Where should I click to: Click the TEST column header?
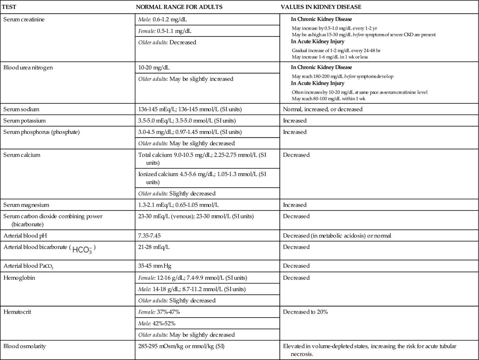point(10,7)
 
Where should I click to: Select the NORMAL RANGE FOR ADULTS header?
point(179,7)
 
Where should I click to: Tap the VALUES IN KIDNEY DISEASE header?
point(321,7)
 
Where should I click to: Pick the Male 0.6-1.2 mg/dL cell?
point(163,20)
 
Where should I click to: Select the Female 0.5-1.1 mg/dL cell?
point(165,31)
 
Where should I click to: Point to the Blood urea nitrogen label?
point(28,68)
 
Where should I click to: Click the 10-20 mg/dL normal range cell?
point(154,68)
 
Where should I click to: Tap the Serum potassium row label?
point(25,121)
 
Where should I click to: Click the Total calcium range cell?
point(202,159)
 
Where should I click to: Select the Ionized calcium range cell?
point(202,178)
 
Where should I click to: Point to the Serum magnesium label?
point(26,205)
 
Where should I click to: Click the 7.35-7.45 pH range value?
point(149,236)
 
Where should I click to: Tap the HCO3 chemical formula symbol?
point(82,250)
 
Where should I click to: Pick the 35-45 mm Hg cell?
point(155,266)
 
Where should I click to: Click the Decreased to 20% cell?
point(305,312)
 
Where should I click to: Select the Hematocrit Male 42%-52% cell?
point(157,323)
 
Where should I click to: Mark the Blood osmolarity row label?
point(25,347)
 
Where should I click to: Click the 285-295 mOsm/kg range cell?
point(181,347)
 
